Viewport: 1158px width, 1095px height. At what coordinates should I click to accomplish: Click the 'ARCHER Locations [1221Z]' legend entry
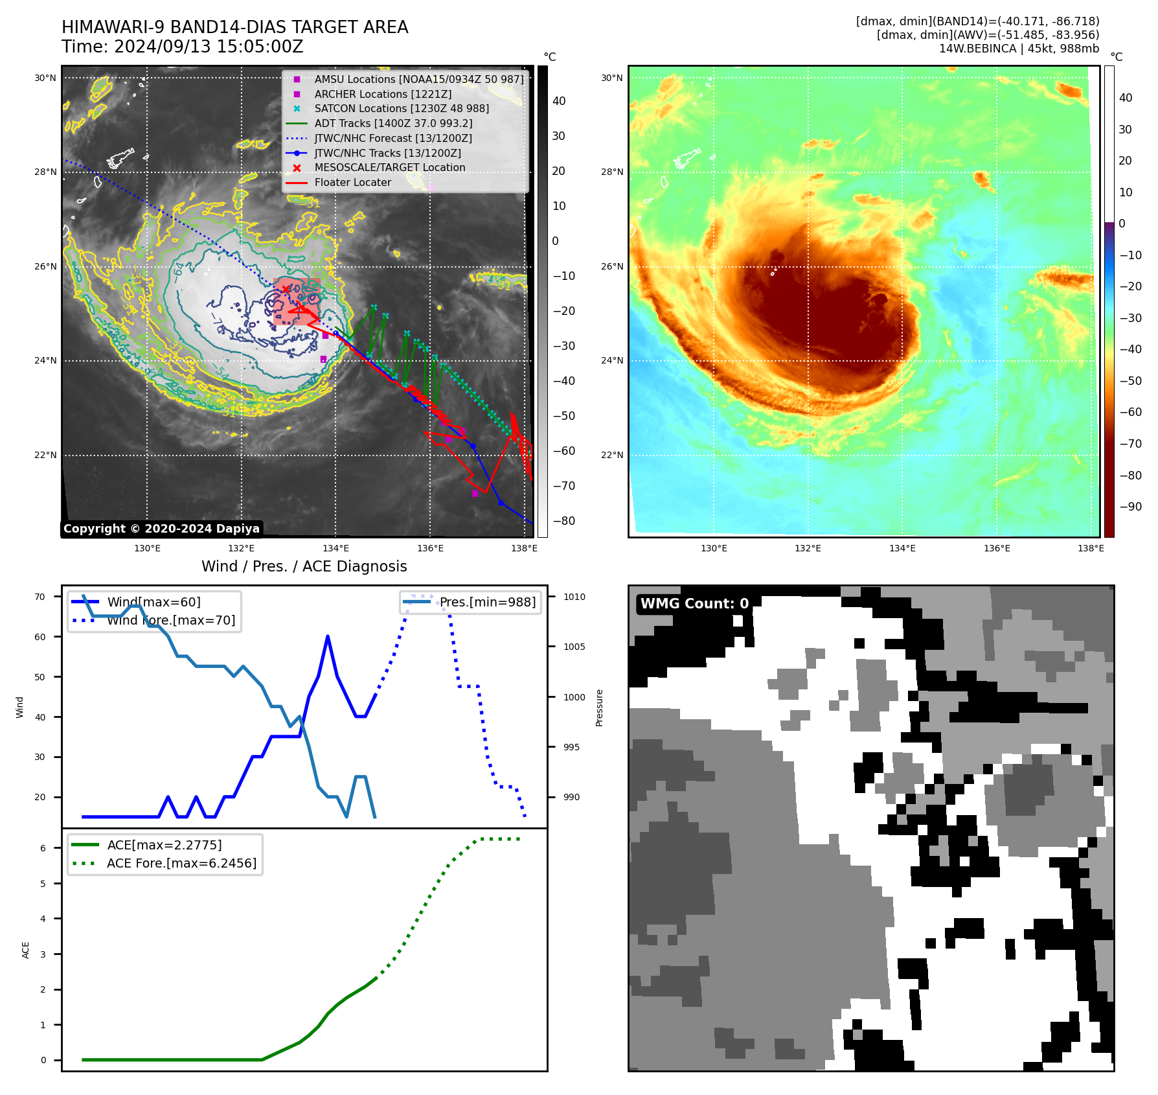pos(383,94)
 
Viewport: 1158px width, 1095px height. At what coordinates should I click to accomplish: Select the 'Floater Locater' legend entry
pos(352,183)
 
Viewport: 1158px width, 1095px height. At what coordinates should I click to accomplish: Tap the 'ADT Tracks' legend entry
pos(393,123)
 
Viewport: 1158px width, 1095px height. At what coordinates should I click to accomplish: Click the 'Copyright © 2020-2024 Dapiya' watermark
pos(161,529)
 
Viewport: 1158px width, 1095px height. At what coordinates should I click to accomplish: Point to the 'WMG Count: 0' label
pos(694,604)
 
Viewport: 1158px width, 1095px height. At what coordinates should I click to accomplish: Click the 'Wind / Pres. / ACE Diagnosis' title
pos(304,566)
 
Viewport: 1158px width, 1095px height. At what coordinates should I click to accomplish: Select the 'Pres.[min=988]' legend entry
pos(487,602)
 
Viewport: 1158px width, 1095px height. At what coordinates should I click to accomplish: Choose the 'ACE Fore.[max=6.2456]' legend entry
pos(181,863)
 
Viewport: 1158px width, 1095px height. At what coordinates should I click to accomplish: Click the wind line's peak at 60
pos(328,637)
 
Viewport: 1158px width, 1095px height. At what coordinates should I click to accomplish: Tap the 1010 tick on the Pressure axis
pos(574,597)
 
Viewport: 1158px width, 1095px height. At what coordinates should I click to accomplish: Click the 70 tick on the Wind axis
pos(40,597)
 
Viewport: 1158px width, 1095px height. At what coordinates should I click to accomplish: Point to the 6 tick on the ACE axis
pos(43,848)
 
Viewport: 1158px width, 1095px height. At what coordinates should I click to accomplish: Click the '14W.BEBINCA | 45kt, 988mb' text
pos(1019,49)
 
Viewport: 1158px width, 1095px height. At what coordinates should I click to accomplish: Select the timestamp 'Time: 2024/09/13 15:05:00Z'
pos(183,47)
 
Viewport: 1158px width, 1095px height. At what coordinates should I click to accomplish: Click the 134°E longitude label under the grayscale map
pos(335,548)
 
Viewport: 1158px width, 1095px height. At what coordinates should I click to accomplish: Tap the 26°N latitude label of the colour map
pos(611,266)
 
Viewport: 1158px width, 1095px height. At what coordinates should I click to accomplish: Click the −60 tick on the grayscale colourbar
pos(563,451)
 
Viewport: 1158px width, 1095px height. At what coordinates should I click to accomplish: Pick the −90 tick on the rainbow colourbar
pos(1130,507)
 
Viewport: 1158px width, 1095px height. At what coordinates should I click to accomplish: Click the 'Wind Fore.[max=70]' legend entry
pos(171,620)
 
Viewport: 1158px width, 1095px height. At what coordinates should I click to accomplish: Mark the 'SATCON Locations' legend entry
pos(402,109)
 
